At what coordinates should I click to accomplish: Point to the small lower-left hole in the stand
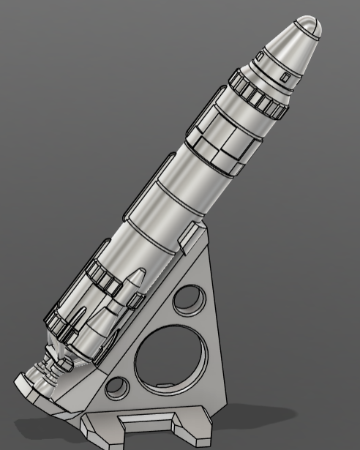click(x=116, y=387)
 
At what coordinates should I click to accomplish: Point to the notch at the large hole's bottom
click(x=165, y=386)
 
